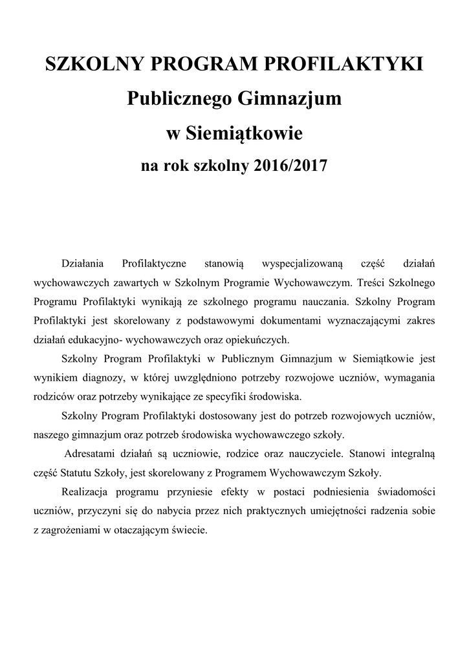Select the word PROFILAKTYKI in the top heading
pos(352,65)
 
